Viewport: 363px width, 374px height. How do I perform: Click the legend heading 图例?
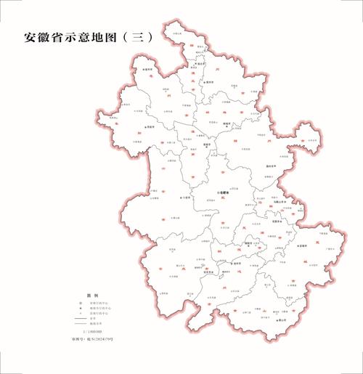click(92, 296)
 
